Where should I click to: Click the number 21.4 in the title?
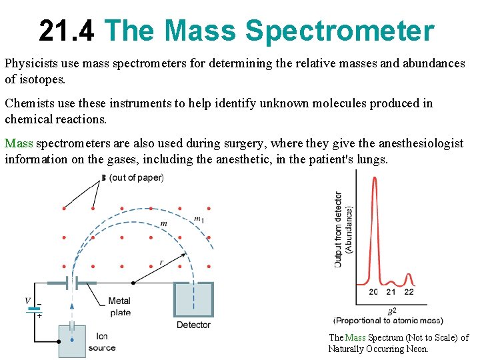pyautogui.click(x=67, y=31)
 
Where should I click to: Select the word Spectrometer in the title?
pyautogui.click(x=340, y=31)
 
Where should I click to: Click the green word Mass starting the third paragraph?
pyautogui.click(x=19, y=143)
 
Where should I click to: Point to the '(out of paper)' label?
pyautogui.click(x=136, y=177)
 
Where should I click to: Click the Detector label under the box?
pyautogui.click(x=193, y=325)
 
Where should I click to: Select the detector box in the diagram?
pyautogui.click(x=193, y=299)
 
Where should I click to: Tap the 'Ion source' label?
pyautogui.click(x=101, y=342)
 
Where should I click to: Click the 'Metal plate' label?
pyautogui.click(x=120, y=307)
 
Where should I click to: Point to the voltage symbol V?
pyautogui.click(x=27, y=301)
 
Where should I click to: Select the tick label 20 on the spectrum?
pyautogui.click(x=374, y=291)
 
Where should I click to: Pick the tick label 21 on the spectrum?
pyautogui.click(x=391, y=291)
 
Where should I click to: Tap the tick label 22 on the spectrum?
pyautogui.click(x=409, y=291)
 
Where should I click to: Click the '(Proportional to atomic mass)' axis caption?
pyautogui.click(x=389, y=321)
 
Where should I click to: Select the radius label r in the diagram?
pyautogui.click(x=161, y=262)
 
